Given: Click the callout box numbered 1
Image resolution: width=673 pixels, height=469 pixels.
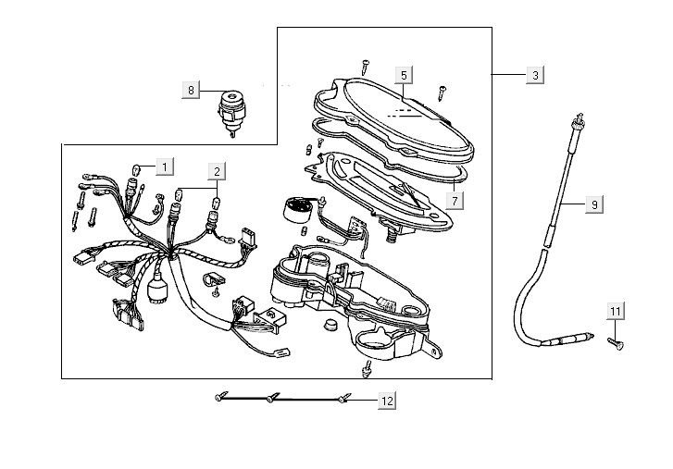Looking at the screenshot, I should [x=163, y=167].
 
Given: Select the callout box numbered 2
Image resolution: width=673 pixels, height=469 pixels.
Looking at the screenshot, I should [x=216, y=170].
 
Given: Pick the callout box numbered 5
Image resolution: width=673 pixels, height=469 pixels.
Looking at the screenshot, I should [x=404, y=74].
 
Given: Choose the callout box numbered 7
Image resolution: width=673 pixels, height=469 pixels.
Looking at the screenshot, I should [x=455, y=199].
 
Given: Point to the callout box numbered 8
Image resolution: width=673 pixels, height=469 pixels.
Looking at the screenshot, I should [x=192, y=90].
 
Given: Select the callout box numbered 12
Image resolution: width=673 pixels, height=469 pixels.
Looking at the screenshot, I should [x=386, y=401].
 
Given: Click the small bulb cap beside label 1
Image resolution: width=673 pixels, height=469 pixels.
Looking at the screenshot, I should [x=137, y=168].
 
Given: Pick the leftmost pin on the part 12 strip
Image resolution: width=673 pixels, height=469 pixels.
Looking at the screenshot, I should [x=218, y=395].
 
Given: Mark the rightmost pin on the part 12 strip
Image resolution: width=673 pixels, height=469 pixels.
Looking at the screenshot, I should [x=343, y=399].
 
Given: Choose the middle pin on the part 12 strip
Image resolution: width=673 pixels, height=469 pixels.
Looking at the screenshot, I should [x=270, y=398].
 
